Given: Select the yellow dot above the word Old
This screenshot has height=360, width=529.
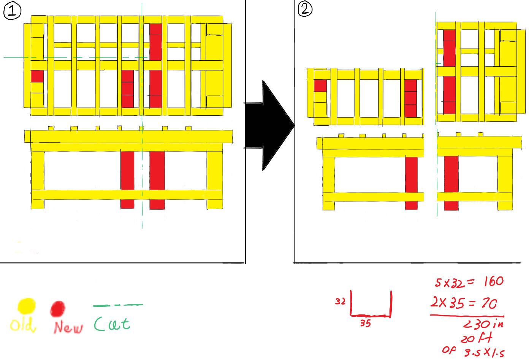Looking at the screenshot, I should click(27, 306).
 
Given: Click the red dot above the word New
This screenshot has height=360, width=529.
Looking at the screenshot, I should click(58, 308).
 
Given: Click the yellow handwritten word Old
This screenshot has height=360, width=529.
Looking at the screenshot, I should click(23, 325).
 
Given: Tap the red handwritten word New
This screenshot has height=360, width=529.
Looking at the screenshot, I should click(68, 327).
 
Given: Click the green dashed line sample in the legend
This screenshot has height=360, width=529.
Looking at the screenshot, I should click(118, 305).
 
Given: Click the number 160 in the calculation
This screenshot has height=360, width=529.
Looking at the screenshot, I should click(494, 281).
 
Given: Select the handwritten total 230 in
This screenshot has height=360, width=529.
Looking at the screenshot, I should click(483, 324).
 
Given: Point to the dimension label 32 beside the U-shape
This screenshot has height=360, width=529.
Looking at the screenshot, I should click(340, 301).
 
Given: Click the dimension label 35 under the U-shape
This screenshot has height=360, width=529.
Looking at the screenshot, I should click(365, 323).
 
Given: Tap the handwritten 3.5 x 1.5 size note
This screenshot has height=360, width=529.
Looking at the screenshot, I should click(484, 352).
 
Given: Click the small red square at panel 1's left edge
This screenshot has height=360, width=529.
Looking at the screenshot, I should click(37, 76).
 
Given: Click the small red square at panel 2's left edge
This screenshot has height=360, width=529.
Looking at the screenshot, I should click(320, 86).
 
